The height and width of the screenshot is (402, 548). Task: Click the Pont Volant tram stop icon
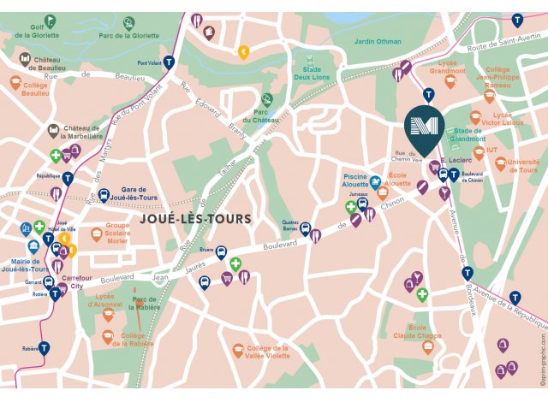(x=170, y=62)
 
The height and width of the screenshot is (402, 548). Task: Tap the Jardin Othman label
(x=377, y=40)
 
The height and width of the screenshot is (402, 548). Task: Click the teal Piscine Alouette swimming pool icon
(x=375, y=181)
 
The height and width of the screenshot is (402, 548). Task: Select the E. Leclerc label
(x=455, y=159)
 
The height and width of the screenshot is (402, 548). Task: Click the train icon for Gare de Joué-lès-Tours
(x=104, y=196)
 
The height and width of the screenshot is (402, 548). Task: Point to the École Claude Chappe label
(x=417, y=332)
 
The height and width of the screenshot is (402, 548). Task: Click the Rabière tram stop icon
(x=44, y=348)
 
